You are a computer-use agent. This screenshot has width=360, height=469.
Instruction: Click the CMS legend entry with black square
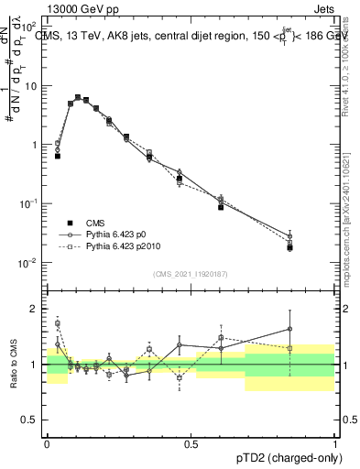(x=97, y=224)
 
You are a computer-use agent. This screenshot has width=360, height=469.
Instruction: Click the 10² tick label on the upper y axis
(x=28, y=27)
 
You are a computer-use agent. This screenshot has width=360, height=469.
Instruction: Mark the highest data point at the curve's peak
(x=78, y=97)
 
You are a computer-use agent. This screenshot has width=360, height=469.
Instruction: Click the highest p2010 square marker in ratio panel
(x=58, y=323)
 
